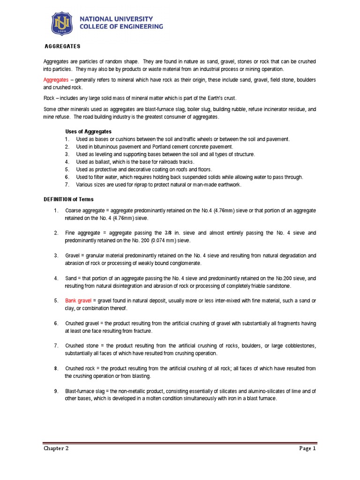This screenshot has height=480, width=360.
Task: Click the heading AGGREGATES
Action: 62,46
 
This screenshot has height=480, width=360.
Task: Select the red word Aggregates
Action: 56,80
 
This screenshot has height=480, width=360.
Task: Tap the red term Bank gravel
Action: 78,300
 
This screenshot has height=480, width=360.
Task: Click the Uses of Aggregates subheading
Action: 88,132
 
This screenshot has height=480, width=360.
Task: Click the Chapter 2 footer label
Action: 56,448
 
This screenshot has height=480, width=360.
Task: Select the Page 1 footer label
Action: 307,448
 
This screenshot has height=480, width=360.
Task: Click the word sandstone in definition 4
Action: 278,285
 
